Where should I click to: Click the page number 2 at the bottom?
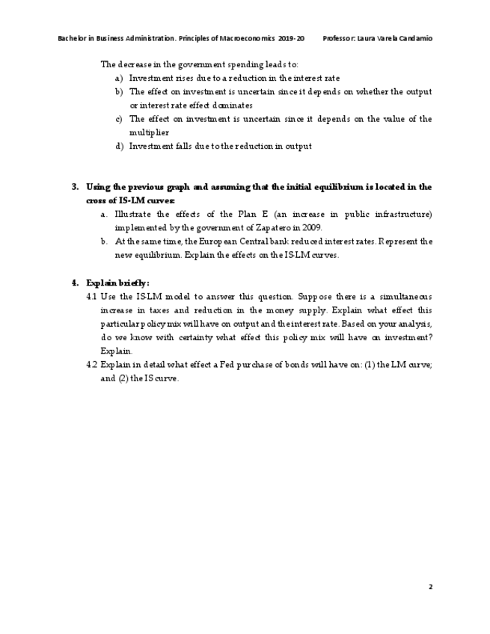tap(431, 587)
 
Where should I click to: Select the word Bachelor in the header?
tap(71, 38)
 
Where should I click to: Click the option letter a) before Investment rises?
tap(119, 78)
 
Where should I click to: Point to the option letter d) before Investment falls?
tap(119, 146)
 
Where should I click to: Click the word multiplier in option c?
tap(148, 132)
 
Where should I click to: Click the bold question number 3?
tap(75, 187)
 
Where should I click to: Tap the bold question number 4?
tap(75, 283)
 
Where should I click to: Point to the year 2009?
tap(310, 228)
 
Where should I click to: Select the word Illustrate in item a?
tap(134, 215)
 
